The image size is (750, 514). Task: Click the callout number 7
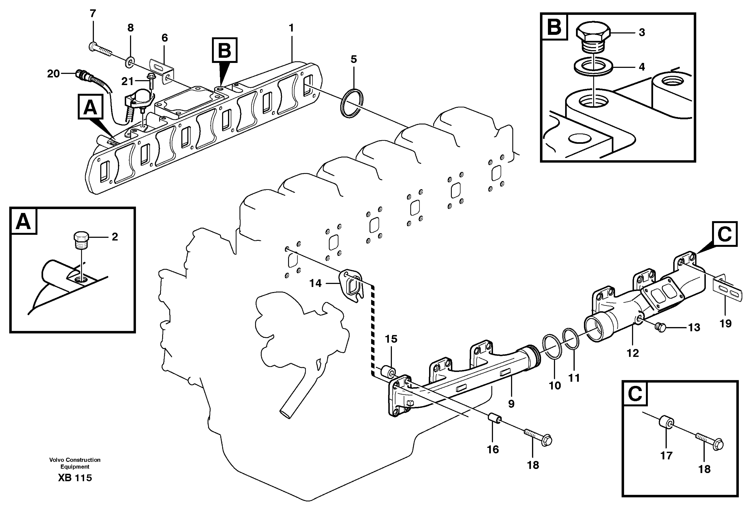click(93, 14)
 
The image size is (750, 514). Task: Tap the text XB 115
click(75, 478)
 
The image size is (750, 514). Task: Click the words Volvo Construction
click(75, 459)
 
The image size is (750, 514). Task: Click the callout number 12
click(633, 353)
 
